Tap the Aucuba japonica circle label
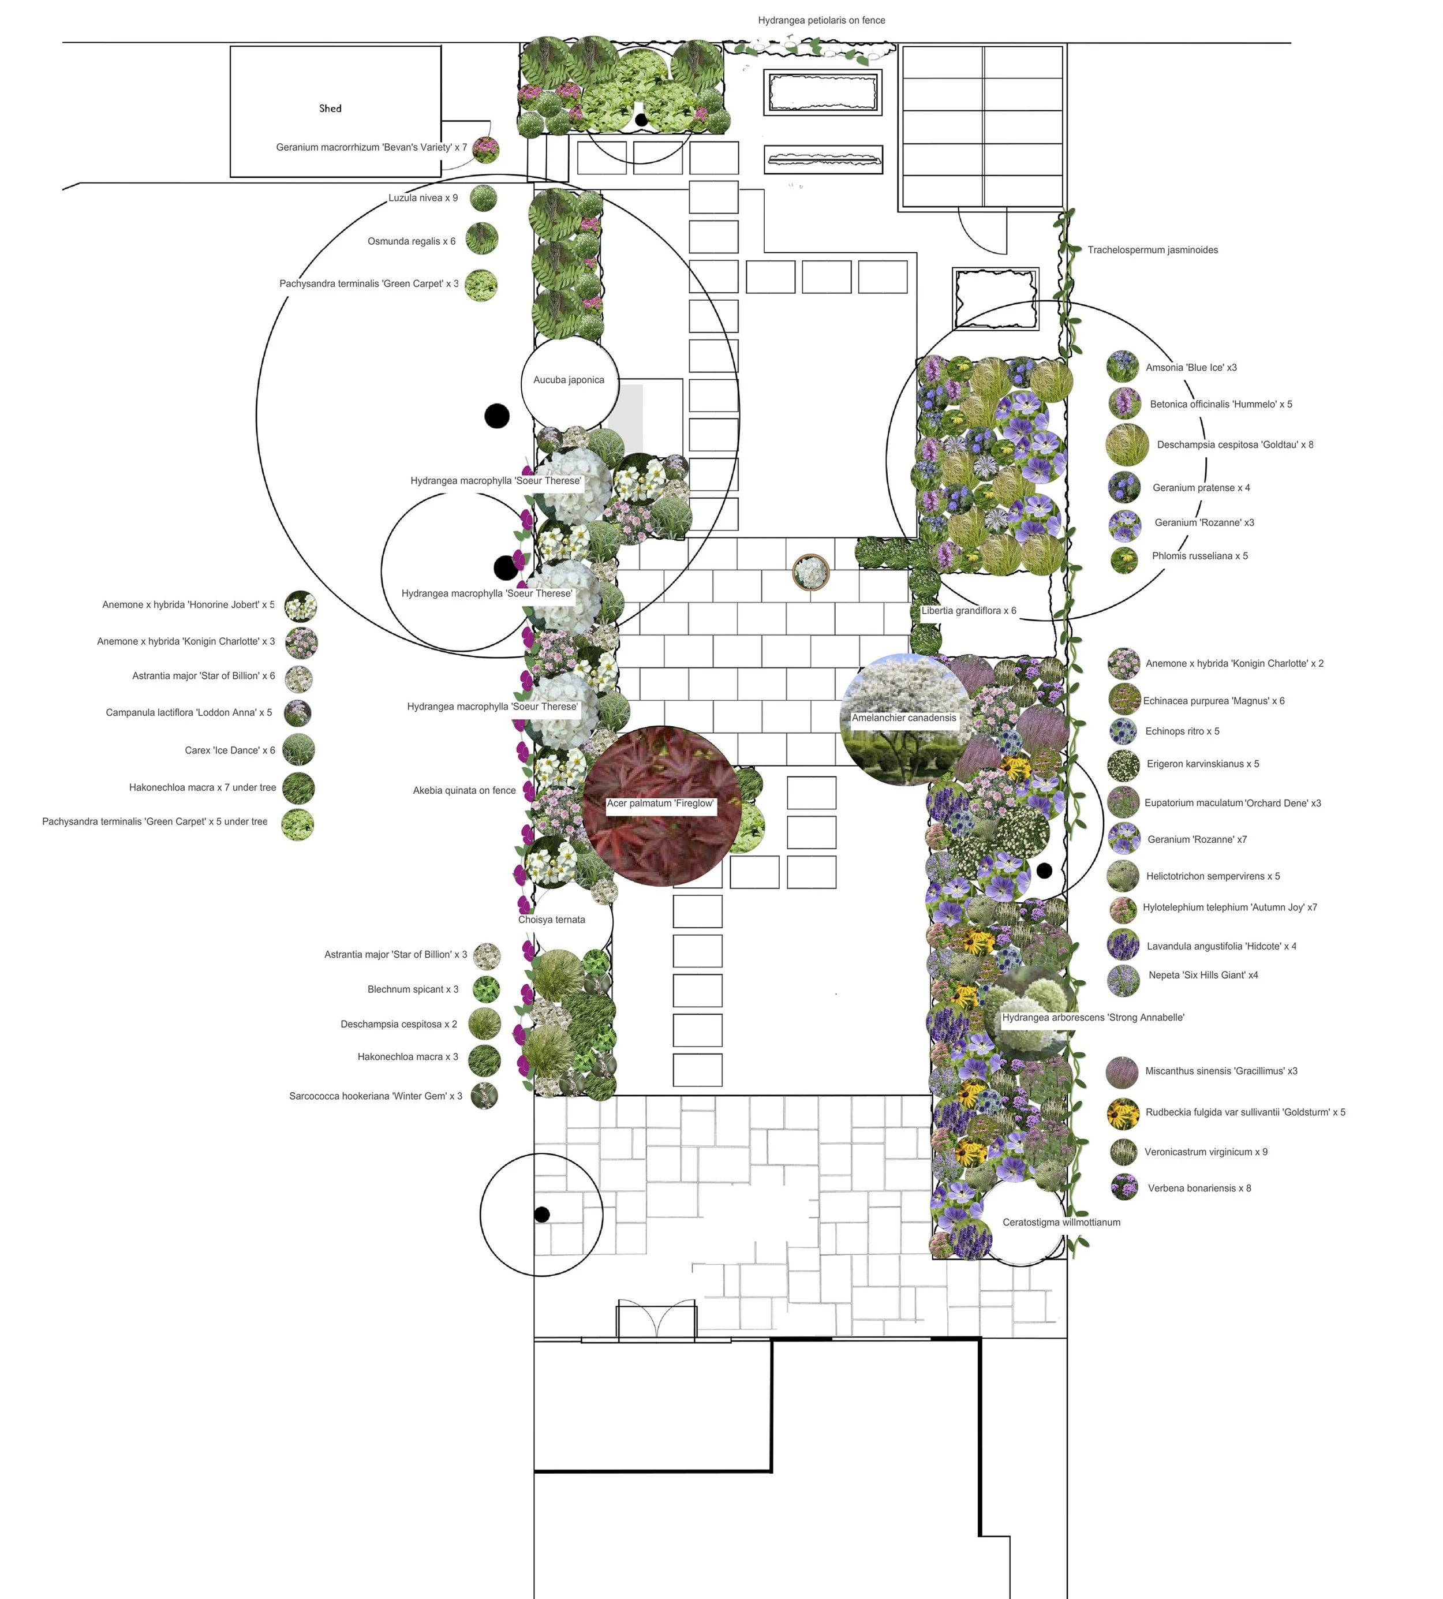[x=569, y=380]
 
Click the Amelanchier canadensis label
[x=904, y=718]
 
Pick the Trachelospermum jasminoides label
[x=1152, y=251]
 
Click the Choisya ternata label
[x=552, y=920]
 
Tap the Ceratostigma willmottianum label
[x=1061, y=1223]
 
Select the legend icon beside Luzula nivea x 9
[x=484, y=198]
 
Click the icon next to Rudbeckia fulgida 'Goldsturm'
[x=1123, y=1113]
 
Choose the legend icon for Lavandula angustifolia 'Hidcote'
[x=1123, y=945]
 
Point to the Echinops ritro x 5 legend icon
[x=1123, y=731]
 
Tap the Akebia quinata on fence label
[x=464, y=790]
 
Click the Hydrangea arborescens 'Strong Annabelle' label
[x=1093, y=1018]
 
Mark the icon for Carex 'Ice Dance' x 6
[x=298, y=750]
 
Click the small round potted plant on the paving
[x=810, y=571]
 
